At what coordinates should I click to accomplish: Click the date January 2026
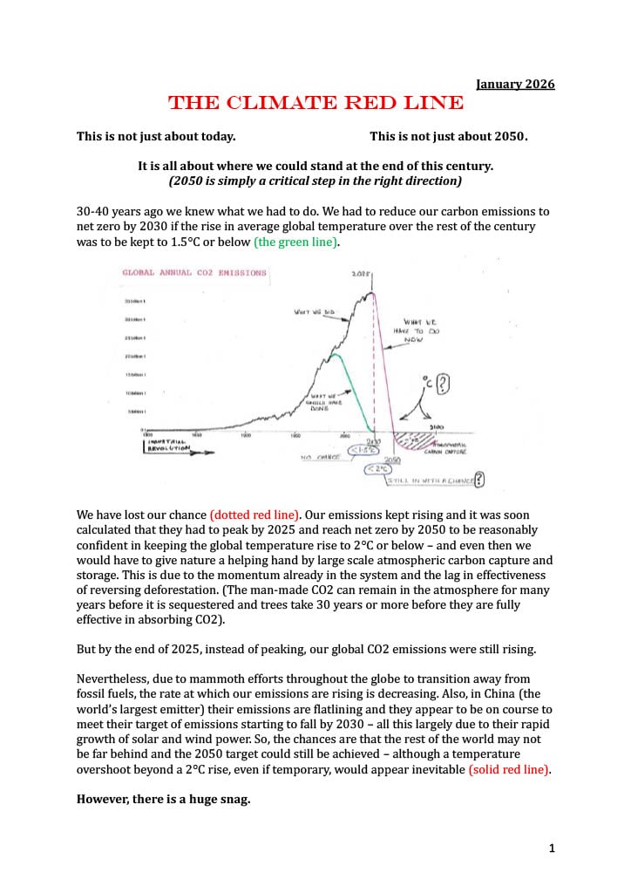(x=515, y=84)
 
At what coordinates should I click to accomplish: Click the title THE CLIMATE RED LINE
(x=315, y=103)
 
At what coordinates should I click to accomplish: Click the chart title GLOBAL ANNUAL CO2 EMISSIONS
(x=194, y=273)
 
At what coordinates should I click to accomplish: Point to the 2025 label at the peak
(x=362, y=274)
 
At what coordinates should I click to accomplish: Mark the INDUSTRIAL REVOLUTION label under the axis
(x=166, y=446)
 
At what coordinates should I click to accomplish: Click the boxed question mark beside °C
(x=443, y=383)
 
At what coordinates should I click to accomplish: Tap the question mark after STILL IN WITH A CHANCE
(x=478, y=479)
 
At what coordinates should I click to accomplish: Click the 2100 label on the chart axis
(x=436, y=427)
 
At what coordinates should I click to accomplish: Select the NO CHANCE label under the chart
(x=319, y=456)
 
